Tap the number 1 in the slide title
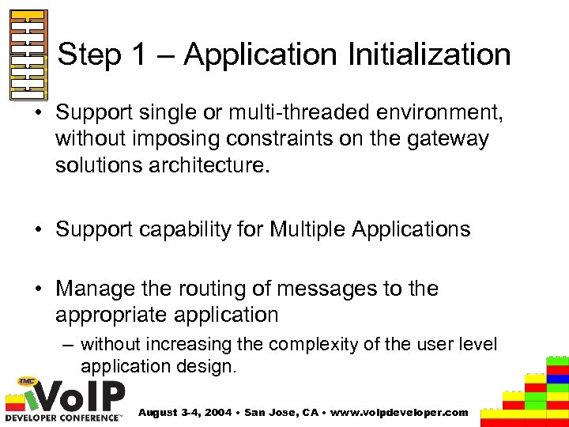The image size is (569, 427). tap(138, 55)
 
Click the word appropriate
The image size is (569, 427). tap(107, 315)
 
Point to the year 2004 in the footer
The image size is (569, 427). tap(218, 413)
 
